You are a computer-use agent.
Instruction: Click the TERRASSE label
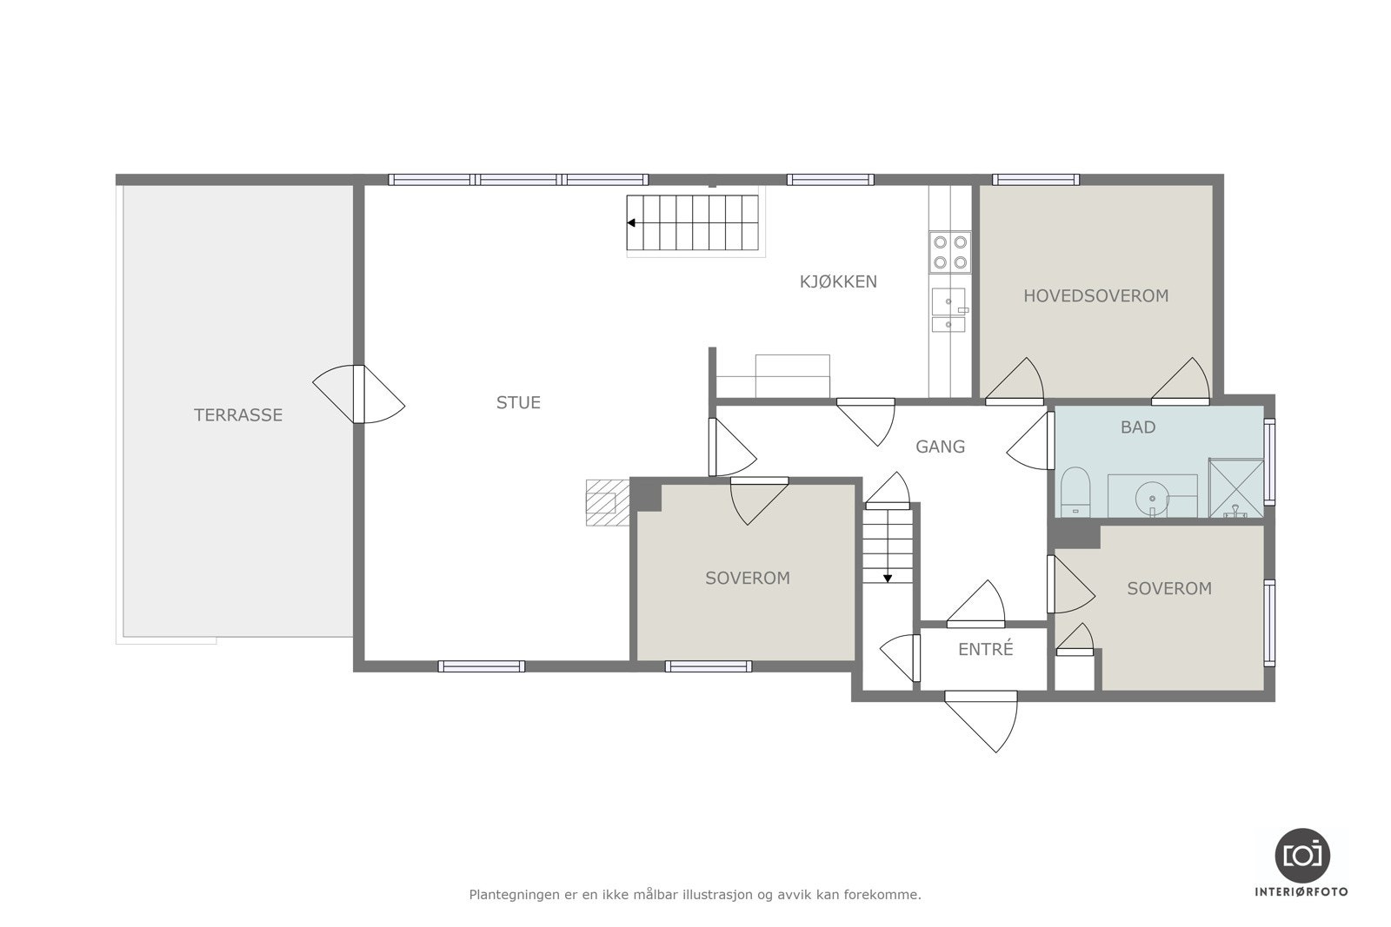[238, 414]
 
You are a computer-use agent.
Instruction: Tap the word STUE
[518, 403]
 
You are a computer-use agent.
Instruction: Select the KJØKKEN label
[838, 281]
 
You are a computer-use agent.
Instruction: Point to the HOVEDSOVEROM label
[1095, 296]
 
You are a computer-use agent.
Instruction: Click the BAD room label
[1138, 427]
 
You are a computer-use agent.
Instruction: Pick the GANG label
[940, 447]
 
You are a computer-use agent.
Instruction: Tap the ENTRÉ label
[986, 649]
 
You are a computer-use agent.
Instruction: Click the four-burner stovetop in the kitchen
[949, 252]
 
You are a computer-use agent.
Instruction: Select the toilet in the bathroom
[1075, 492]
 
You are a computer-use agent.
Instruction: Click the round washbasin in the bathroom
[1152, 498]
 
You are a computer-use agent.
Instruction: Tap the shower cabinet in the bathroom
[1235, 487]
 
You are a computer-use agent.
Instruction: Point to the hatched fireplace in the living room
[608, 502]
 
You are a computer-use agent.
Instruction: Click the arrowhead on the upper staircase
[631, 222]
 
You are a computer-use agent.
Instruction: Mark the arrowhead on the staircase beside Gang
[888, 579]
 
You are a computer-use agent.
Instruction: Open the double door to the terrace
[358, 394]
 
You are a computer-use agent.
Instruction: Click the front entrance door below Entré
[982, 721]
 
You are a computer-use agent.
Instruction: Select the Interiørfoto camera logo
[1302, 856]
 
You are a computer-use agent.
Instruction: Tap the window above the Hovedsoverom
[1035, 180]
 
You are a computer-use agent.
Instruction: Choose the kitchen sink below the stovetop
[948, 309]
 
